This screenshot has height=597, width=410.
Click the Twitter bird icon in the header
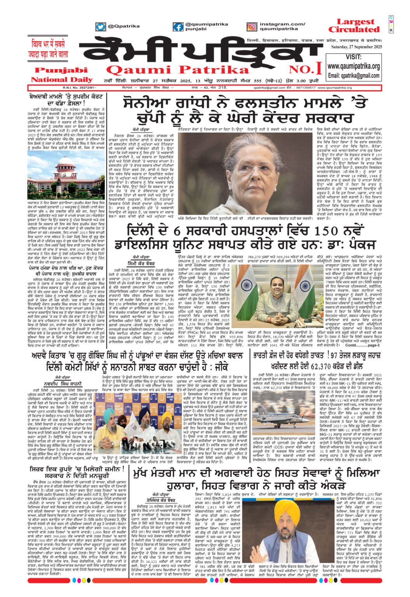tap(101, 27)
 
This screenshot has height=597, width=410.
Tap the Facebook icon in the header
tap(178, 27)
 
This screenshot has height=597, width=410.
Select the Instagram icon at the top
tap(252, 27)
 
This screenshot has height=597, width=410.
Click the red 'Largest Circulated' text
tap(353, 26)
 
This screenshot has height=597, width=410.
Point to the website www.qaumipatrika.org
tap(353, 66)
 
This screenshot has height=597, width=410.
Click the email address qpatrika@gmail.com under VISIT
tap(353, 75)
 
